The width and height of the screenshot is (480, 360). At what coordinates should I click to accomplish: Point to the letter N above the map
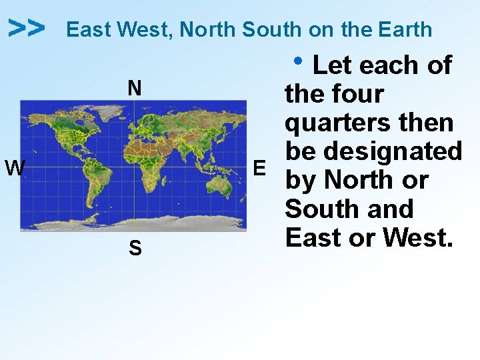point(135,88)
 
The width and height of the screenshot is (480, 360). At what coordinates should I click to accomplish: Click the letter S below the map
point(135,249)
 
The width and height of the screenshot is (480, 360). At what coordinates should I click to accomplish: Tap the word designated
point(395,152)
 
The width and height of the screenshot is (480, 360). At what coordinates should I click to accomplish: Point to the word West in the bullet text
point(415,237)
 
